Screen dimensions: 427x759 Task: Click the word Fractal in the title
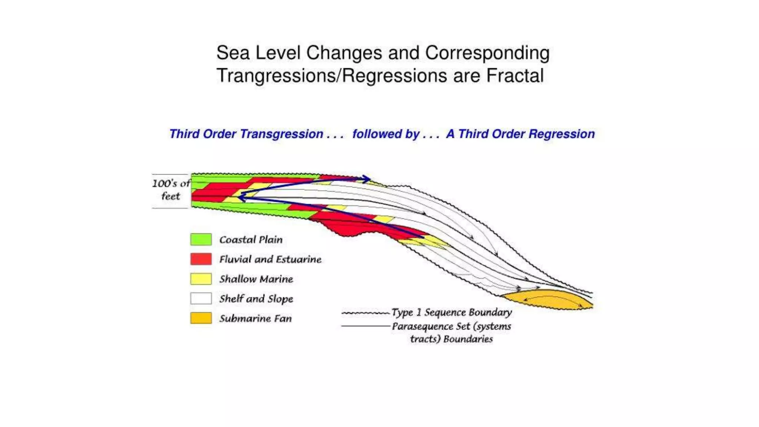(x=515, y=76)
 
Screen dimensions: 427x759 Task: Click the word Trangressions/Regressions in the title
(x=332, y=76)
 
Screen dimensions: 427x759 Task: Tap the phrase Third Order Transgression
(x=246, y=134)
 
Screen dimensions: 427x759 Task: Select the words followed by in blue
(x=386, y=134)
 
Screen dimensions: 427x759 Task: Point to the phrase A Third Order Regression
(x=520, y=134)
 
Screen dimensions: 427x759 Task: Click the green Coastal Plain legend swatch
(x=201, y=239)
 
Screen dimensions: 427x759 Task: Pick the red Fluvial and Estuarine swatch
(x=201, y=259)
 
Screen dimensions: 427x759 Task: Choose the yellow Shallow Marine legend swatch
(x=201, y=279)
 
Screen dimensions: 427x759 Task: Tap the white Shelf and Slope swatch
(x=201, y=298)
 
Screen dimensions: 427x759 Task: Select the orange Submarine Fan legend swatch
(x=201, y=318)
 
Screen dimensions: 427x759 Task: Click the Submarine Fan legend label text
(x=255, y=318)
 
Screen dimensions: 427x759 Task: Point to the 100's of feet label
(x=171, y=189)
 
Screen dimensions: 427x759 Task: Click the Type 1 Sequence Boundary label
(x=451, y=312)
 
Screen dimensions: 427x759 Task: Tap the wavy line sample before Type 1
(x=365, y=313)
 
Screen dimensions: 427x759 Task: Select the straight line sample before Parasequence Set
(x=365, y=326)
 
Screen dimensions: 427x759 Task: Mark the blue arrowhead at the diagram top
(x=366, y=179)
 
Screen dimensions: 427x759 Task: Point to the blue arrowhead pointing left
(x=241, y=198)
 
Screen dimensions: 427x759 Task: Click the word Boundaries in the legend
(x=468, y=339)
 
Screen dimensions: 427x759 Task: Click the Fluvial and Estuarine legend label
(x=270, y=259)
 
